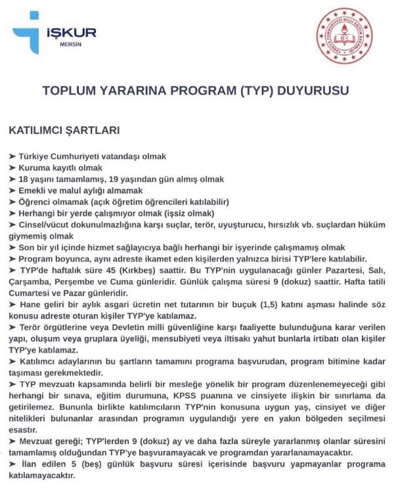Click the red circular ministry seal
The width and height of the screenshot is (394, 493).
(x=343, y=35)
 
